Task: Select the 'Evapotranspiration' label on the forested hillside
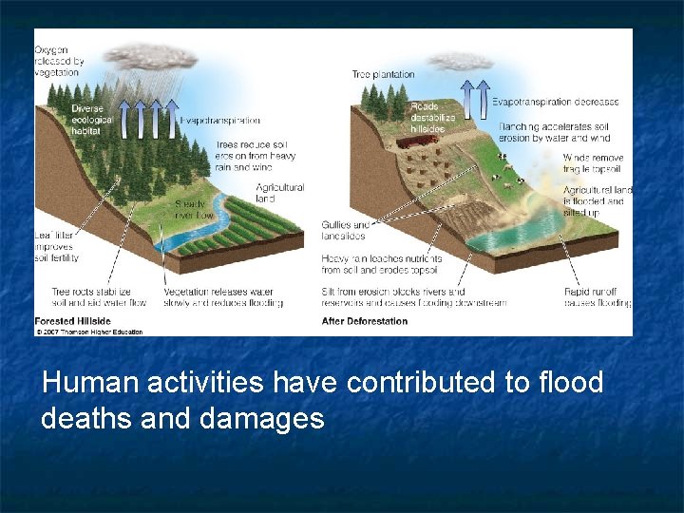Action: point(219,121)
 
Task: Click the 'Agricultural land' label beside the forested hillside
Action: point(279,194)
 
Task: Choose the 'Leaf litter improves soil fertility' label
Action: point(56,244)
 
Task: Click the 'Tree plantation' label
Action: point(383,74)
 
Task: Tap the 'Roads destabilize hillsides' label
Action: point(432,117)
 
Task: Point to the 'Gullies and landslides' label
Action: point(346,230)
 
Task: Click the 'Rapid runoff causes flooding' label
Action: point(597,297)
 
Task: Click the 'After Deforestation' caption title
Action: point(365,321)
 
